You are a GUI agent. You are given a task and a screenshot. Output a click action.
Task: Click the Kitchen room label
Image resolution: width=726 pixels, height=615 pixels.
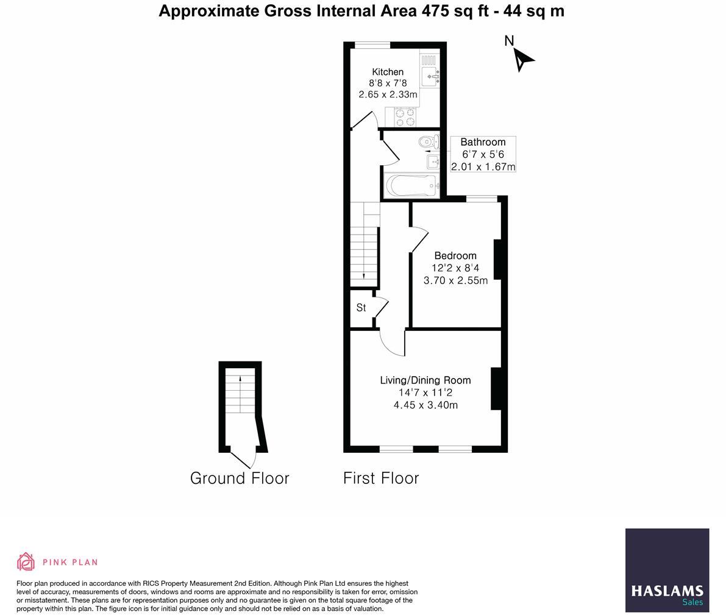pos(388,72)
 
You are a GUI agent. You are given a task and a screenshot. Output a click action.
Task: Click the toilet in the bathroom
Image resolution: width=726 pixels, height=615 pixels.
pos(428,143)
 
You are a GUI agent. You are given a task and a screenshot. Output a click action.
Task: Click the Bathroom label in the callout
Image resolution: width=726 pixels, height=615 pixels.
pos(483,142)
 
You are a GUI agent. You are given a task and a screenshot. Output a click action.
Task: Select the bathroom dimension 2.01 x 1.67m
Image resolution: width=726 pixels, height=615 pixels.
pos(483,166)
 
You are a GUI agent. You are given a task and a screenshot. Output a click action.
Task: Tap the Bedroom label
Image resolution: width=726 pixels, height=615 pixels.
pos(455,255)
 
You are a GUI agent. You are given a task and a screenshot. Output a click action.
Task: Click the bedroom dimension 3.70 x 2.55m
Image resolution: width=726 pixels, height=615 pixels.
pos(455,280)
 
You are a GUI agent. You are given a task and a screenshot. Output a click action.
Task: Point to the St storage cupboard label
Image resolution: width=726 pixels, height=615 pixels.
pos(361,308)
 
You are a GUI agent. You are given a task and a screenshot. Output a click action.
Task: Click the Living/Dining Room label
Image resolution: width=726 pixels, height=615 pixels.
pos(425,380)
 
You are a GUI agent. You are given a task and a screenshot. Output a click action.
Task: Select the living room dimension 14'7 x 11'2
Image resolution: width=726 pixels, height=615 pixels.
pos(425,393)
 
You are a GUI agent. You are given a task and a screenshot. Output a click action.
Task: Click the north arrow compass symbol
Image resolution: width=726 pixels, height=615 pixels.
pos(521,59)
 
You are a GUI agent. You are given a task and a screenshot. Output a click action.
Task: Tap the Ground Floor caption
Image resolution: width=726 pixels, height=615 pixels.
pos(240,478)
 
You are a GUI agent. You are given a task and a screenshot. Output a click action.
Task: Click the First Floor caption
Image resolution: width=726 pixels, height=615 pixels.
pos(381,478)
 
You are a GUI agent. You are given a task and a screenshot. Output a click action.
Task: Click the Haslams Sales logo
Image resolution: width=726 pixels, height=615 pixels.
pos(667,571)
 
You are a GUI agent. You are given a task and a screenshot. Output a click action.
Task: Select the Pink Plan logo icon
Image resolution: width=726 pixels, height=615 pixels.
pos(26,561)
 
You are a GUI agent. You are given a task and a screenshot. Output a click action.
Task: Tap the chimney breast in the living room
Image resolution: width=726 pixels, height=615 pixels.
pos(496,388)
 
